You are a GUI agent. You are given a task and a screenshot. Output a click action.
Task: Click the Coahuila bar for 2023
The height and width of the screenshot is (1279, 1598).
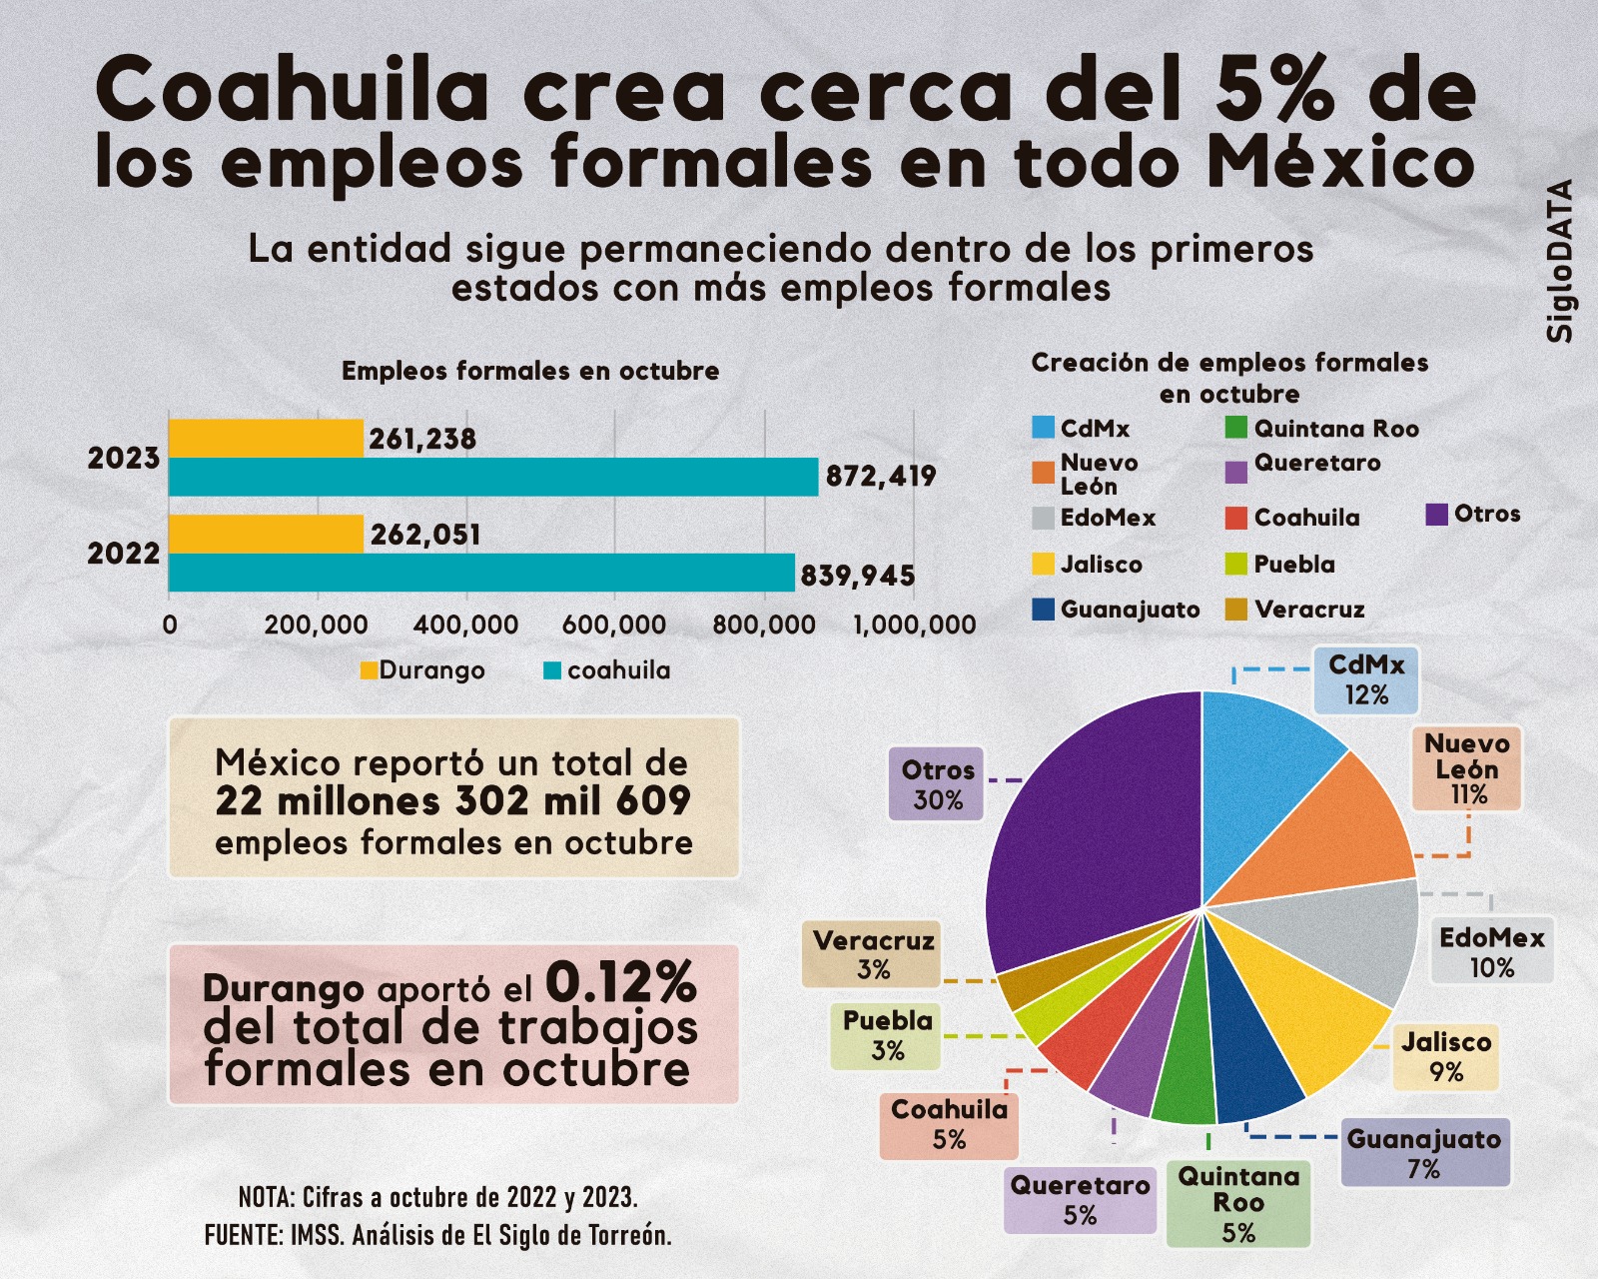pos(492,477)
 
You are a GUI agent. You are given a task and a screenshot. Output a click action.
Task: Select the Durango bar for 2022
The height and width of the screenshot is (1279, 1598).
pos(266,534)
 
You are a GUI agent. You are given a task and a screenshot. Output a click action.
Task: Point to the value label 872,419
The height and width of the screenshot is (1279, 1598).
pos(881,477)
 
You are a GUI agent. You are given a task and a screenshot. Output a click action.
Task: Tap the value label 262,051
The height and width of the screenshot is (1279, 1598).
pos(425,535)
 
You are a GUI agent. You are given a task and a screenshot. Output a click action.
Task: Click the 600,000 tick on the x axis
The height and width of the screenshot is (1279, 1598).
pos(614,626)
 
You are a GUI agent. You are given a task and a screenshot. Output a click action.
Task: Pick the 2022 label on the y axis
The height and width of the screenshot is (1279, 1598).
pos(123,554)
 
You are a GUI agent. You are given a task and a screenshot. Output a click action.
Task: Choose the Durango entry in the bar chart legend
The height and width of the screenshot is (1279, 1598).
pos(422,670)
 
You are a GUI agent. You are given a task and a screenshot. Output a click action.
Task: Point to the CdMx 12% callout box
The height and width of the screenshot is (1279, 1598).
pos(1365,680)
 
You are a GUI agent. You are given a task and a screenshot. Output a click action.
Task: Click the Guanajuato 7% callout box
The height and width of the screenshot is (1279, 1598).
pos(1424,1153)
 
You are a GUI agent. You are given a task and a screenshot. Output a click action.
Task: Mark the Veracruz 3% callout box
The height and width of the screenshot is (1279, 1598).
pos(872,954)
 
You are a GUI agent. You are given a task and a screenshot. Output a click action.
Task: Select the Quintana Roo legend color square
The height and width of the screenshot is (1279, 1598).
pos(1236,429)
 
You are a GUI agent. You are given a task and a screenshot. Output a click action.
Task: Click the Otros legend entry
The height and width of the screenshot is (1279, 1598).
pos(1473,515)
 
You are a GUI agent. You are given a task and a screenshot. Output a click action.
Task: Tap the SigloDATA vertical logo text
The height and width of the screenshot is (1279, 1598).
pos(1560,261)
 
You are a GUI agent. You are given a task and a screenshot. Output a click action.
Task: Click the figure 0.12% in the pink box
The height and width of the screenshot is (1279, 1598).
pos(620,982)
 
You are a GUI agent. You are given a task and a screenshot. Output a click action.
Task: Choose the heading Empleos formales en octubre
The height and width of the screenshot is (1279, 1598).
pos(530,371)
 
